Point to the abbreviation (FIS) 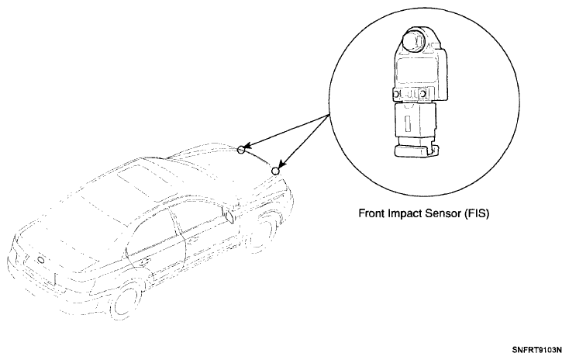pyautogui.click(x=477, y=213)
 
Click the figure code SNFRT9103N pyautogui.click(x=537, y=350)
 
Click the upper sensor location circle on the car pyautogui.click(x=241, y=149)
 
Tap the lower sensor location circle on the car pyautogui.click(x=276, y=171)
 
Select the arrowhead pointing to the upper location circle pyautogui.click(x=249, y=147)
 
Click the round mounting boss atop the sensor pyautogui.click(x=414, y=40)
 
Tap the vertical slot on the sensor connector pyautogui.click(x=407, y=123)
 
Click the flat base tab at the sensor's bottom pyautogui.click(x=414, y=151)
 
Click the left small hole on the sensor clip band pyautogui.click(x=397, y=95)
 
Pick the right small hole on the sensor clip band pyautogui.click(x=422, y=94)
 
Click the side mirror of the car pyautogui.click(x=231, y=216)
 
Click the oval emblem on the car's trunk pyautogui.click(x=41, y=261)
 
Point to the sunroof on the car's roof pyautogui.click(x=138, y=182)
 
